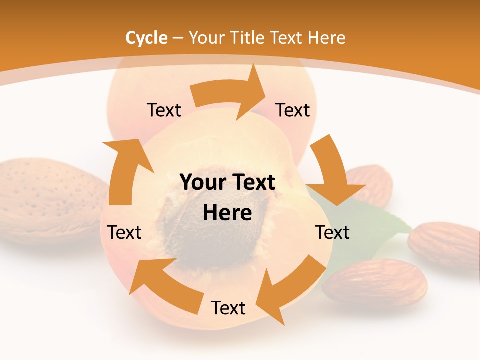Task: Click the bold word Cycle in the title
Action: [x=146, y=38]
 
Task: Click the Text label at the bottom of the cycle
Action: [x=228, y=308]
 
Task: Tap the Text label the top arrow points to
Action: [x=293, y=110]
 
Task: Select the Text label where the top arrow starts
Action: [x=164, y=110]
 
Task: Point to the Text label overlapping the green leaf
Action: [x=332, y=233]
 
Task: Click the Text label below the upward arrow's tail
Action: [x=124, y=233]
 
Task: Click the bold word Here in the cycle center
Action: [x=227, y=213]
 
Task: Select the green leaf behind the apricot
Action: [x=385, y=220]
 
